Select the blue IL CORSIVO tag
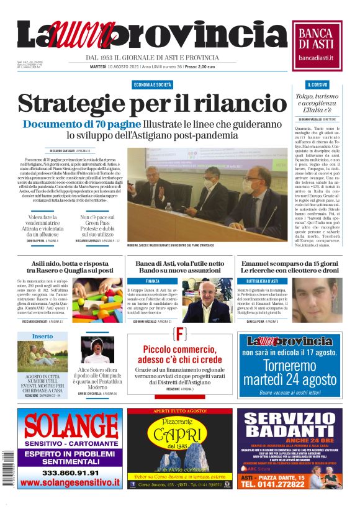(317, 84)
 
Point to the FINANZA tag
(152, 281)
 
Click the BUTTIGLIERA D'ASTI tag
(258, 281)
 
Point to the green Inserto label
(43, 336)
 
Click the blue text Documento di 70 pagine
(81, 124)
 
